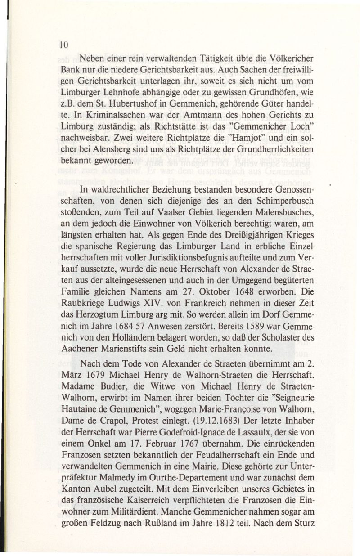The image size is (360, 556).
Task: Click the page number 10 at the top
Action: [x=64, y=45]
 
